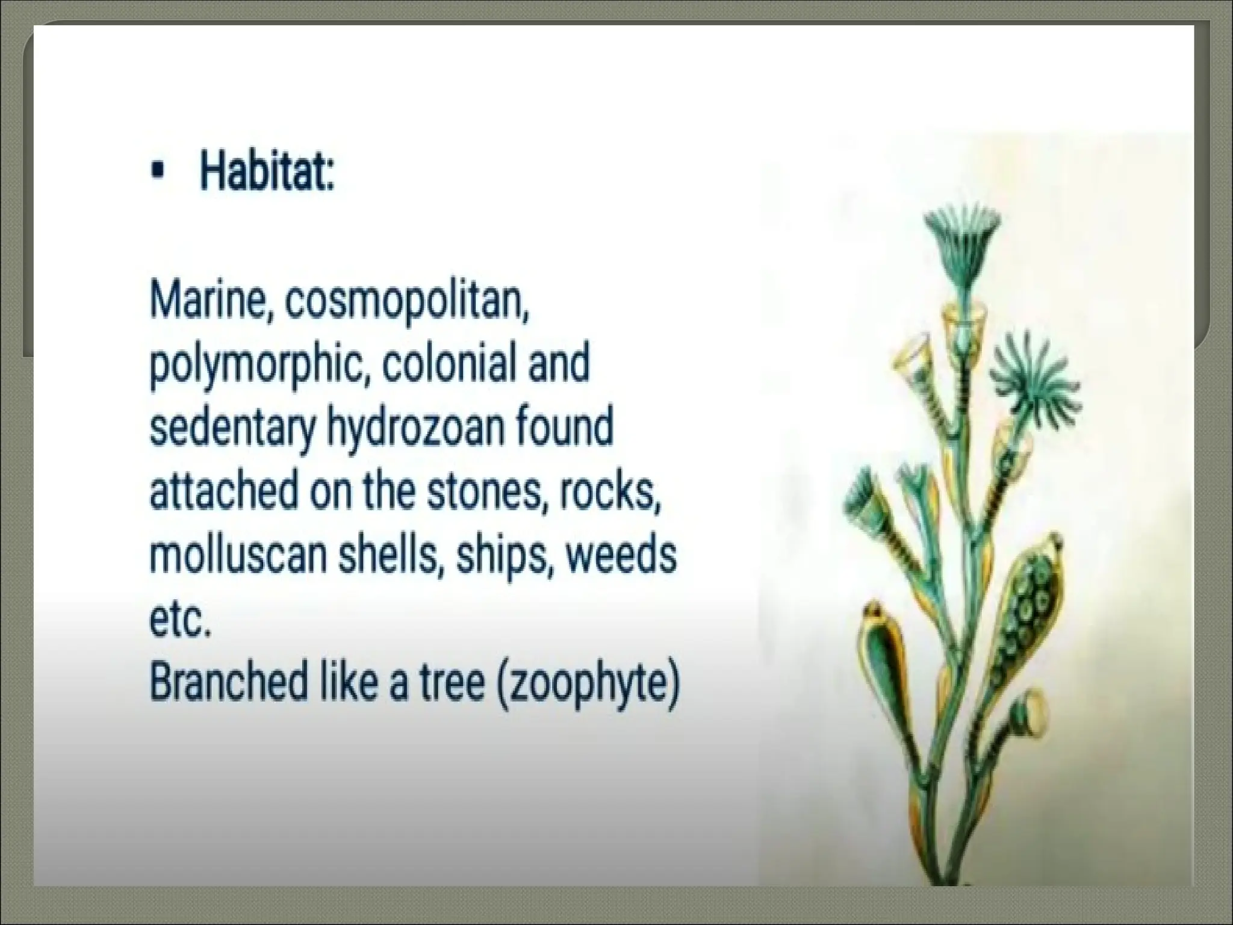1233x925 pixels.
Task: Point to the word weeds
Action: point(621,555)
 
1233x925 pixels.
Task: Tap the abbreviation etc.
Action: point(179,620)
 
